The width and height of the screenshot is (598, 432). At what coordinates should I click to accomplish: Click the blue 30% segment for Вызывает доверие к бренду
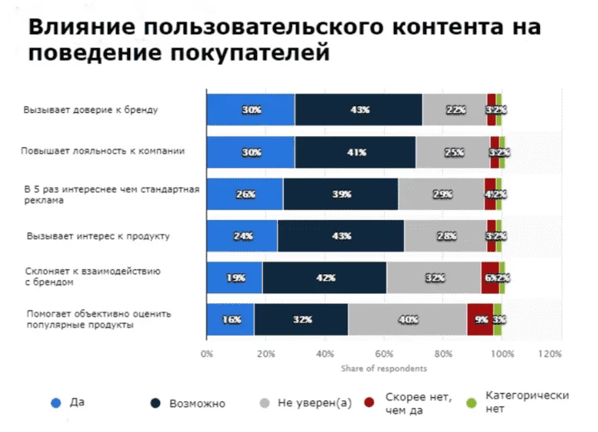[x=250, y=110]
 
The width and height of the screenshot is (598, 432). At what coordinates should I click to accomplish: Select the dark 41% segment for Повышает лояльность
[x=355, y=152]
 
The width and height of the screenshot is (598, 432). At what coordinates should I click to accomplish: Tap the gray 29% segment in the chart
[x=441, y=194]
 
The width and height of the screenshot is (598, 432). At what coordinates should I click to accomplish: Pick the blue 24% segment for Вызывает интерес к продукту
[x=242, y=236]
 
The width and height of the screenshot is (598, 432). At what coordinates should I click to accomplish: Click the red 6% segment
[x=489, y=277]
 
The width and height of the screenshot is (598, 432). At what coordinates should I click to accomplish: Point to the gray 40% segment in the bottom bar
[x=407, y=320]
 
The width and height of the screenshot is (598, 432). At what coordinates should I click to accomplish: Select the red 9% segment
[x=480, y=320]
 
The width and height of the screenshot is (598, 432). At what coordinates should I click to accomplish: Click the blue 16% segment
[x=230, y=320]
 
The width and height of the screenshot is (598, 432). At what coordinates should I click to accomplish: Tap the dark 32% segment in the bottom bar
[x=301, y=320]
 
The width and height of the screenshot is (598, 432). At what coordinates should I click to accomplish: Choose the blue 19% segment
[x=234, y=277]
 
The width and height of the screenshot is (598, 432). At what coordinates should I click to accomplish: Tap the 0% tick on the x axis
[x=207, y=354]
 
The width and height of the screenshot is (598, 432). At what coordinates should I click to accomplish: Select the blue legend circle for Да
[x=56, y=403]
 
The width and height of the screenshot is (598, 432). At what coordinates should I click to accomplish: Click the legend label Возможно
[x=197, y=403]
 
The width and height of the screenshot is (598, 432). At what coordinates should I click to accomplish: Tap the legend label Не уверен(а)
[x=314, y=403]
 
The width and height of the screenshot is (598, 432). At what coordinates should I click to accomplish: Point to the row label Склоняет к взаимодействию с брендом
[x=105, y=277]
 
